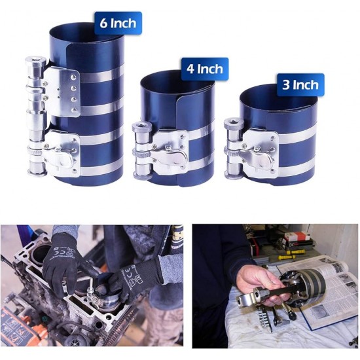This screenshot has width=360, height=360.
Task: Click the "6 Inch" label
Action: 118,23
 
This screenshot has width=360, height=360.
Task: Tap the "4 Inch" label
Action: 205,69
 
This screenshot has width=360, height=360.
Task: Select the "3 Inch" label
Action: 300,84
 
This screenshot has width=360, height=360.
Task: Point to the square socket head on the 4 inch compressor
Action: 142,127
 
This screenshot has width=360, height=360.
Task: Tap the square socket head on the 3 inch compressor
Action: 234,123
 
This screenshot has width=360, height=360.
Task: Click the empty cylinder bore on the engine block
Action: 41,255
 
